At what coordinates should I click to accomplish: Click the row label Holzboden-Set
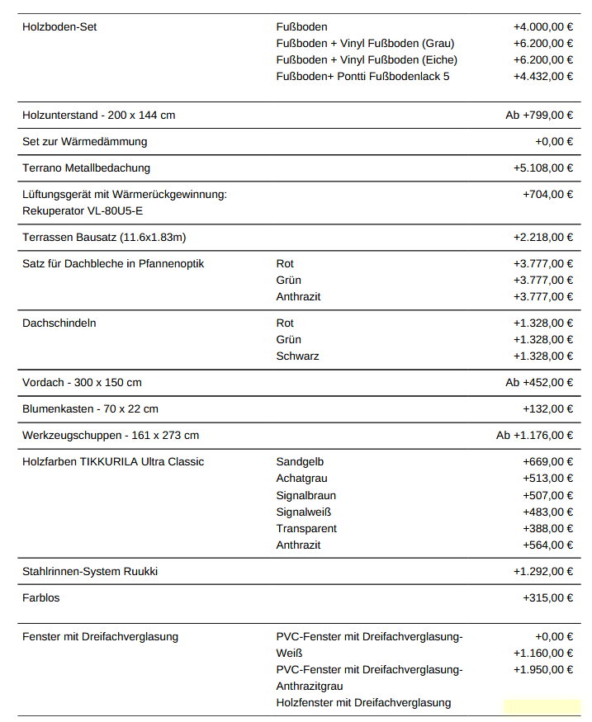point(59,27)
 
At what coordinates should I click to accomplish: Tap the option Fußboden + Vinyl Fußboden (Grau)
point(365,44)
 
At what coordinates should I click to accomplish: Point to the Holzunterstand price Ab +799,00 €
point(539,116)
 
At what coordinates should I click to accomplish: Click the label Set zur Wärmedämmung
point(84,142)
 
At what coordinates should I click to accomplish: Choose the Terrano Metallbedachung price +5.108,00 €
point(542,168)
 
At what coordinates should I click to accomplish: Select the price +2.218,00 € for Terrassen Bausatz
point(542,238)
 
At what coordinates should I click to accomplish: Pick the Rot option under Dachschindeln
point(285,323)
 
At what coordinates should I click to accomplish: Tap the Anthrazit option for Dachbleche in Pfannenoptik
point(298,297)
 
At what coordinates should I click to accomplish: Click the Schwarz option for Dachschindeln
point(297,356)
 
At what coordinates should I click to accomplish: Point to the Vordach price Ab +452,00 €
point(539,383)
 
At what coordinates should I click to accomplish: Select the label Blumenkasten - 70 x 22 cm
point(90,409)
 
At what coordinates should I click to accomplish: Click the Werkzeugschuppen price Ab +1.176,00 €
point(534,436)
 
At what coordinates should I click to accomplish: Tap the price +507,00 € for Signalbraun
point(547,496)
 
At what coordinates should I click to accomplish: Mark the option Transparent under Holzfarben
point(306,529)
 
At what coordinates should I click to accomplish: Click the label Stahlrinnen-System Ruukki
point(90,572)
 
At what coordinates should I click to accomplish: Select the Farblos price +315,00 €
point(547,598)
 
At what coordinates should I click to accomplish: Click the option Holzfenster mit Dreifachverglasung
point(363,703)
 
